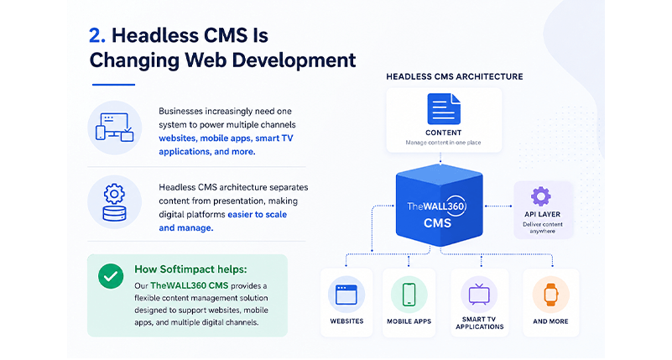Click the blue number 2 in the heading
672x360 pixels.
(x=96, y=35)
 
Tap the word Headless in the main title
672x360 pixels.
(x=154, y=35)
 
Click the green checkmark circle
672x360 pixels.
(x=111, y=276)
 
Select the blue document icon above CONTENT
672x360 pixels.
(x=444, y=109)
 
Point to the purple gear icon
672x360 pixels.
(x=541, y=196)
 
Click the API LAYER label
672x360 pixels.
(x=542, y=214)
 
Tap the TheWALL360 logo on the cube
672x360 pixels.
(x=437, y=206)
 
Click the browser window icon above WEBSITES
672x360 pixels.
(x=346, y=295)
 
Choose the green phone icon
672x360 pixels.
(x=409, y=295)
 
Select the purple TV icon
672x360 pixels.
(x=479, y=294)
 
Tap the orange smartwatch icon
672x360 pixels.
(x=550, y=295)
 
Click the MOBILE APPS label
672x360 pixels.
(x=409, y=321)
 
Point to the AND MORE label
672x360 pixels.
(x=550, y=321)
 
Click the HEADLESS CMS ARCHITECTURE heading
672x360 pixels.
(x=455, y=76)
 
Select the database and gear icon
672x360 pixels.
(x=114, y=202)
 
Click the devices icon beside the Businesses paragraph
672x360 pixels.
(x=114, y=127)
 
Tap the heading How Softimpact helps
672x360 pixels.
(x=190, y=269)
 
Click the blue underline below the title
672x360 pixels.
(x=113, y=85)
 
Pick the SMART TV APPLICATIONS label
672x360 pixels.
(x=480, y=323)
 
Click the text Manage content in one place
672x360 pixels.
(x=443, y=143)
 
